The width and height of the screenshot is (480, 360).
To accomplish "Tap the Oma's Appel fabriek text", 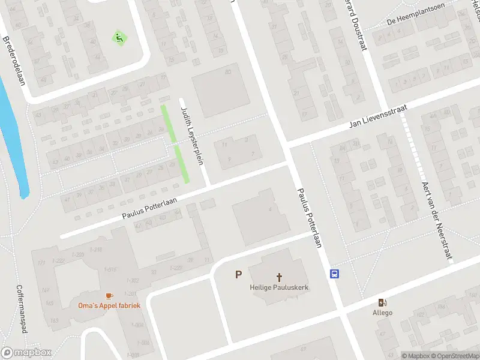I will pos(109,305).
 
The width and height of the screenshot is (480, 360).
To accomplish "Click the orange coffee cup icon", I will pos(109,296).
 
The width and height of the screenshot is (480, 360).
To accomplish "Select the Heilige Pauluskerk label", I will pos(279,287).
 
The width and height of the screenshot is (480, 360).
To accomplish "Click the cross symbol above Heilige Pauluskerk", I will pos(279,277).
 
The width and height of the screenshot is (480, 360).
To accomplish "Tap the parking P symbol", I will pos(238,275).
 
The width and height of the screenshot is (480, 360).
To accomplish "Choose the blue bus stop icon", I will pos(334,274).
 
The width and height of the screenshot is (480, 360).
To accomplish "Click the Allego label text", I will pos(382,313).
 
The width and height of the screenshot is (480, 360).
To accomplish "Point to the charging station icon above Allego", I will pos(382,302).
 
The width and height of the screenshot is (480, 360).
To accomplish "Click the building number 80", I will pos(227,73).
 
